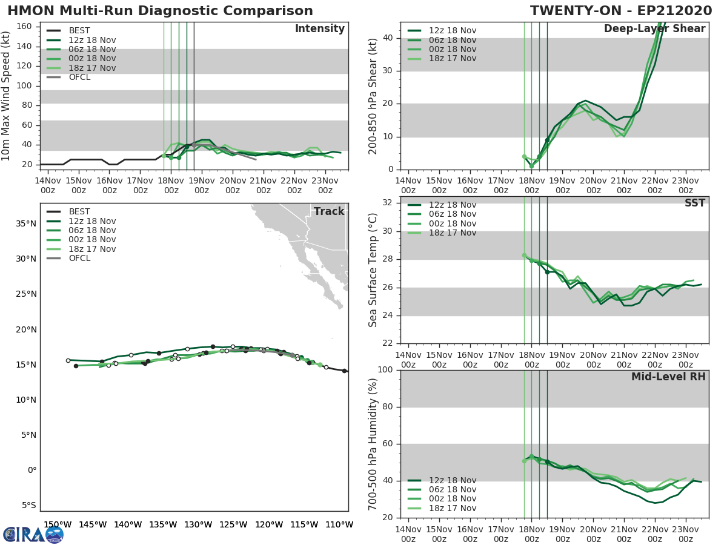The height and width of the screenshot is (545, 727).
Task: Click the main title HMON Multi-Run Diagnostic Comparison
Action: pyautogui.click(x=160, y=11)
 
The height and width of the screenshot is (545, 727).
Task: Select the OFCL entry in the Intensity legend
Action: pyautogui.click(x=79, y=77)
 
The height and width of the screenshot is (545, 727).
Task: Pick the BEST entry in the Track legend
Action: pyautogui.click(x=79, y=211)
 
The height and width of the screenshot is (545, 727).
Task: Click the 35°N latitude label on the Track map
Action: pyautogui.click(x=26, y=223)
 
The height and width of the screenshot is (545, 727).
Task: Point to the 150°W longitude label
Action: pyautogui.click(x=55, y=524)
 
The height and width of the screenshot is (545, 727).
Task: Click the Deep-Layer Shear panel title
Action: pyautogui.click(x=654, y=29)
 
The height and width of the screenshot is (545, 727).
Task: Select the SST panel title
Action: pyautogui.click(x=694, y=203)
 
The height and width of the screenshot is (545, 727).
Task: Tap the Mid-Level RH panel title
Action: pyautogui.click(x=668, y=377)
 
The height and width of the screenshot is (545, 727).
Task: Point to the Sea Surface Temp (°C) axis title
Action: pyautogui.click(x=373, y=269)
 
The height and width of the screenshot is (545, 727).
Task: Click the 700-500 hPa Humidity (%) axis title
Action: pyautogui.click(x=373, y=443)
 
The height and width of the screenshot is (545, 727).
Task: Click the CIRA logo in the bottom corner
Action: pyautogui.click(x=33, y=533)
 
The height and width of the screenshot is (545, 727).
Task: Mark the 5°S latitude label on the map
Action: pyautogui.click(x=28, y=505)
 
